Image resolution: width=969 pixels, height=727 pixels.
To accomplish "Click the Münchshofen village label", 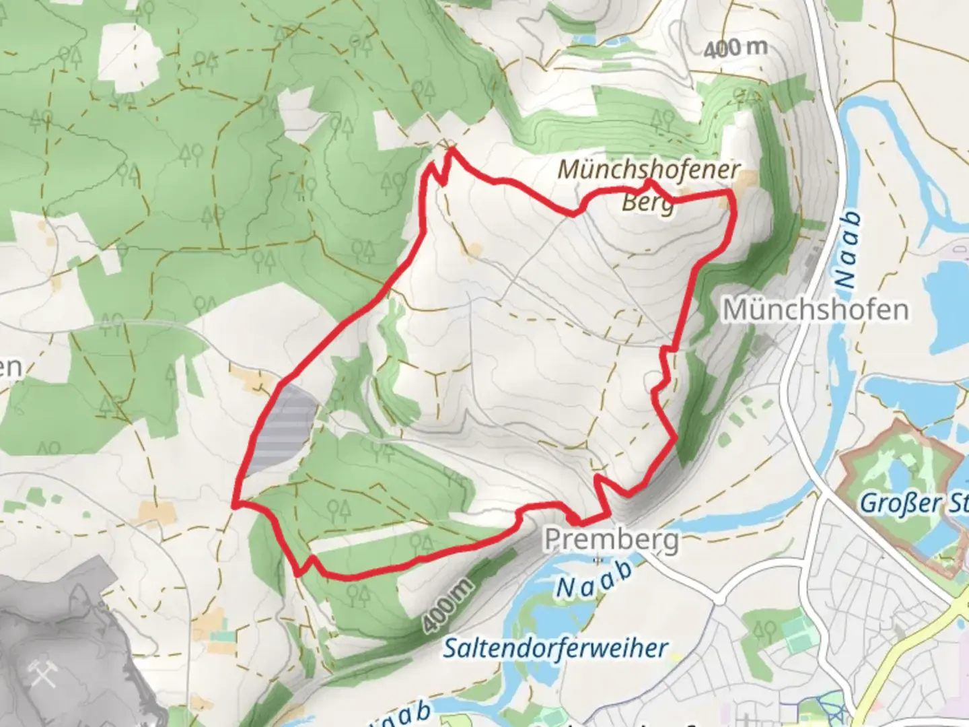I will (x=815, y=310).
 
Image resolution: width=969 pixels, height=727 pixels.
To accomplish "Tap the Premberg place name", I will (x=611, y=539).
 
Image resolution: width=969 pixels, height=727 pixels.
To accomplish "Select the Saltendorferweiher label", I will (x=555, y=648).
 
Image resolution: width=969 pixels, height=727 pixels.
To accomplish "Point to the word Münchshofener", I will (x=649, y=170).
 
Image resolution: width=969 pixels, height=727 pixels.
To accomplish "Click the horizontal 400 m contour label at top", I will (x=735, y=48).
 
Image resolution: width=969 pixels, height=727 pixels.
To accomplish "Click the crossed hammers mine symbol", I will (x=43, y=673).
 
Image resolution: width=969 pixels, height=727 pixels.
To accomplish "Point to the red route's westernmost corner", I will (x=234, y=502).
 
